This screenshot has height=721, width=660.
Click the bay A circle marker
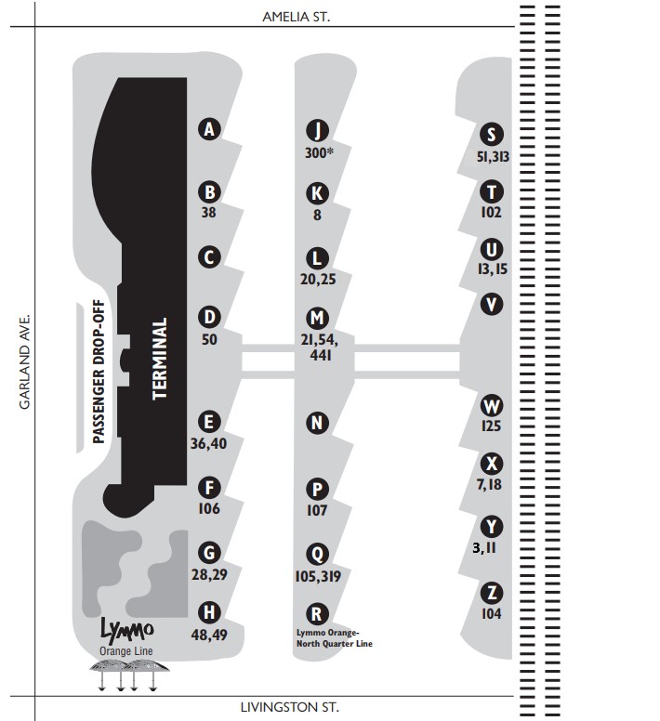[x=209, y=129]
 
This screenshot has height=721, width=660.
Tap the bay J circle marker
[x=317, y=131]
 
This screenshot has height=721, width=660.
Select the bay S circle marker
[x=491, y=135]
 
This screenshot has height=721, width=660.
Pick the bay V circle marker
[x=491, y=304]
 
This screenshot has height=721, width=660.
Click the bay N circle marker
[x=317, y=423]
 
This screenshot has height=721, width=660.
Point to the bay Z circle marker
[x=491, y=593]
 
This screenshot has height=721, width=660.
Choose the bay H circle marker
[x=209, y=612]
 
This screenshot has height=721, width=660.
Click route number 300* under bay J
[x=319, y=152]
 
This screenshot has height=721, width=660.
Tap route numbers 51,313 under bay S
[x=493, y=157]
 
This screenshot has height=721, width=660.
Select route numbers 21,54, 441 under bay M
[x=320, y=347]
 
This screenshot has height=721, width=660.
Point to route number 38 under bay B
[x=209, y=212]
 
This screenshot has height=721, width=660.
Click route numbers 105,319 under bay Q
[x=318, y=576]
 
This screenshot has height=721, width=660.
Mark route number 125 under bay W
[x=491, y=426]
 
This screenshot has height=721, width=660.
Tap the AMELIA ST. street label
[x=297, y=17]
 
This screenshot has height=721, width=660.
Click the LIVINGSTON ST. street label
[x=290, y=707]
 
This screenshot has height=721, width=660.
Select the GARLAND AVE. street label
[x=24, y=361]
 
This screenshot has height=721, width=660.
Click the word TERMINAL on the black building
[x=160, y=359]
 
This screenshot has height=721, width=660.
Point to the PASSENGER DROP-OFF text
[x=99, y=372]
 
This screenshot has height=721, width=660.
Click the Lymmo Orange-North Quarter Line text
[x=335, y=638]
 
